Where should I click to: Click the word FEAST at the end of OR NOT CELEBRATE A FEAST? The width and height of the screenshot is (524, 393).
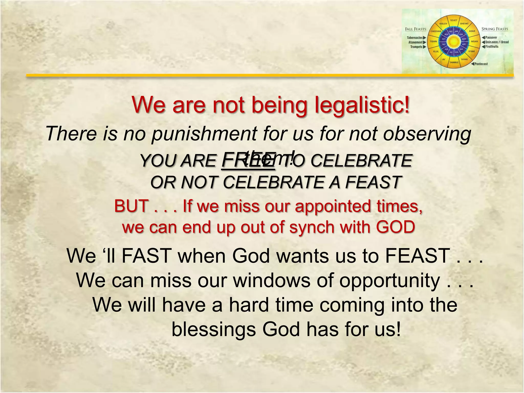(x=373, y=182)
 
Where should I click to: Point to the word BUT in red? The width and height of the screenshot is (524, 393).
(x=131, y=206)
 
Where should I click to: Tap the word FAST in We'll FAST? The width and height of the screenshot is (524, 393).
(x=146, y=256)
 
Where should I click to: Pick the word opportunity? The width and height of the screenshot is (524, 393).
(x=389, y=280)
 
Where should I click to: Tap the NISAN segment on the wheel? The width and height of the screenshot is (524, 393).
(x=474, y=41)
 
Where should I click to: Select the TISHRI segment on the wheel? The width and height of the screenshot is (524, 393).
(x=433, y=41)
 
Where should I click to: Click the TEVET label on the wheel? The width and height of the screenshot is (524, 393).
(x=453, y=20)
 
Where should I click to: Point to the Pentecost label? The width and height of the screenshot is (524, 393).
(x=481, y=64)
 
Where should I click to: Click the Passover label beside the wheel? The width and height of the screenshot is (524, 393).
(x=491, y=38)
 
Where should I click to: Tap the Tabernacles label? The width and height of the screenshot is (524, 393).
(x=415, y=38)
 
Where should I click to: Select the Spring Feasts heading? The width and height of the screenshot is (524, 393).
(x=495, y=29)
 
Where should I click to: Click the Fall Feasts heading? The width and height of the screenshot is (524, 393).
(x=416, y=29)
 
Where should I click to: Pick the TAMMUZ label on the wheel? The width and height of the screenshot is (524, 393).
(x=454, y=62)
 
